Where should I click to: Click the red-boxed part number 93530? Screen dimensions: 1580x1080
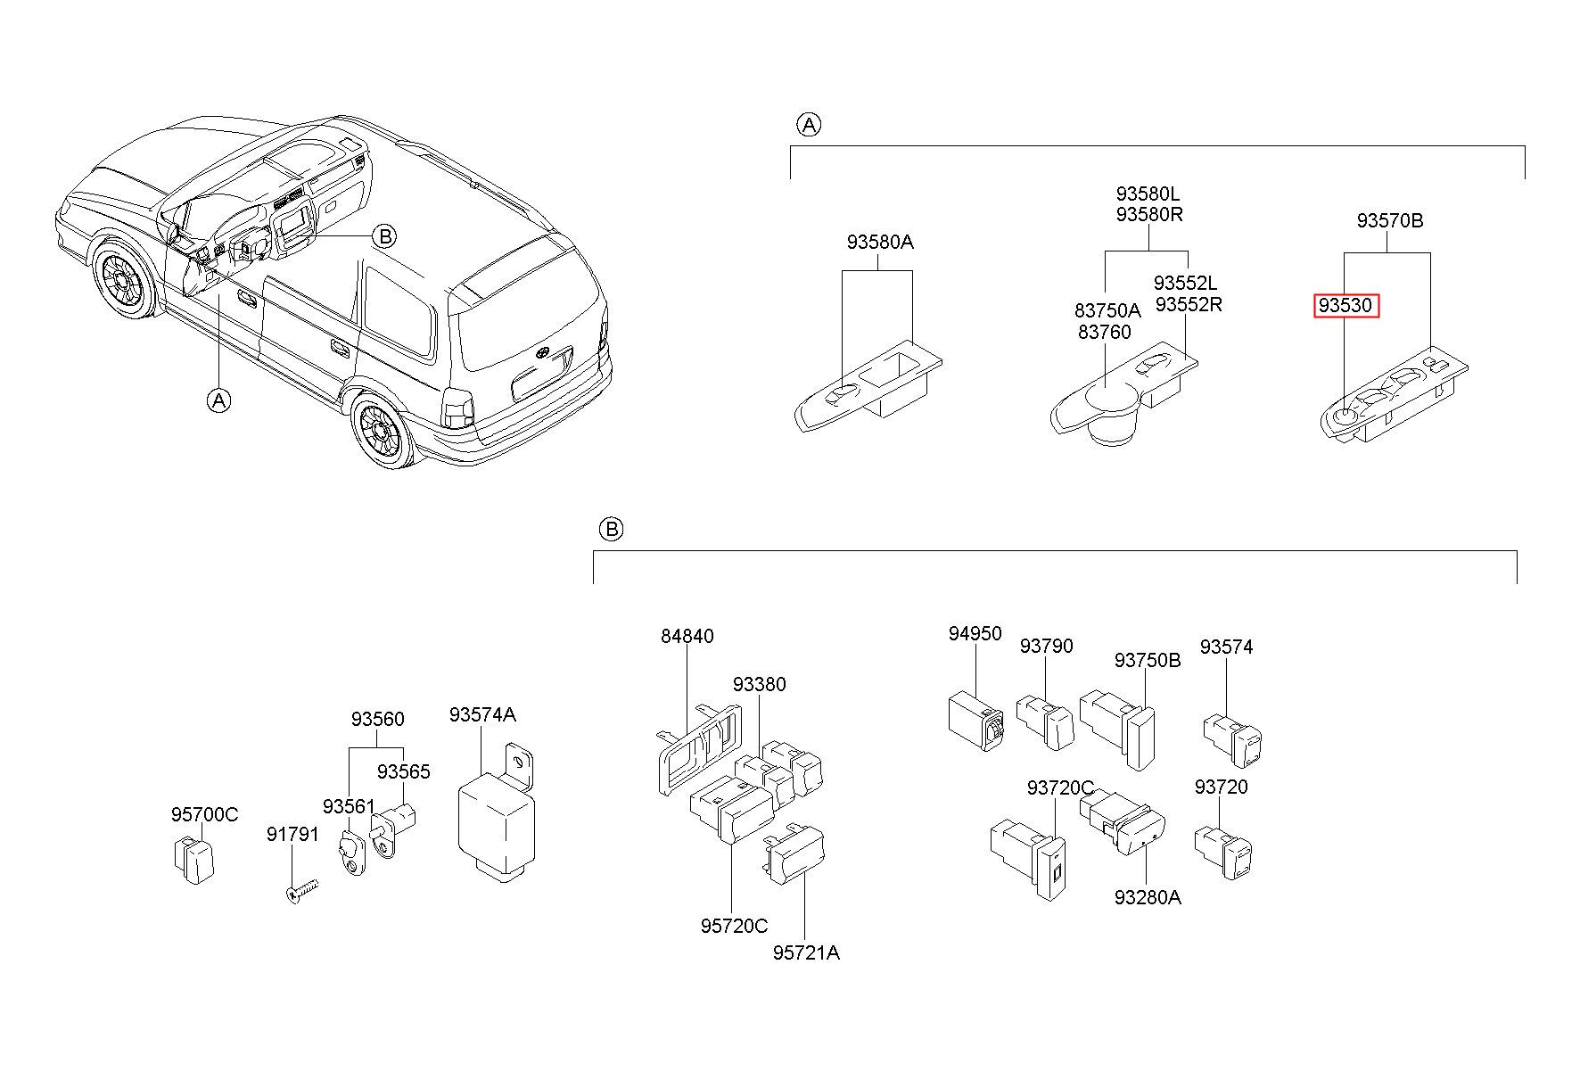1345,306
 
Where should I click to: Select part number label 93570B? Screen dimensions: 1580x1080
1390,220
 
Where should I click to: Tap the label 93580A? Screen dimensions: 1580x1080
880,242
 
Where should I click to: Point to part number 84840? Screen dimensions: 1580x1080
687,636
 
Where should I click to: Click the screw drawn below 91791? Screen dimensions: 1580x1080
303,890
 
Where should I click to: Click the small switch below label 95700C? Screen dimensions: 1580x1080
193,860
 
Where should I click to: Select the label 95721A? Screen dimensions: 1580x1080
806,952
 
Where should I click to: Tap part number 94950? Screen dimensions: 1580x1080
975,633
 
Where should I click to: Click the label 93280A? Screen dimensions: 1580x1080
1148,897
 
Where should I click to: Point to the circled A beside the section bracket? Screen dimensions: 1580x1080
808,125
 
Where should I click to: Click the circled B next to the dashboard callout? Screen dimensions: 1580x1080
384,235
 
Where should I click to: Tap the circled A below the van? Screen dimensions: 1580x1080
218,400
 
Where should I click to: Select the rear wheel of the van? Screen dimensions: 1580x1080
384,432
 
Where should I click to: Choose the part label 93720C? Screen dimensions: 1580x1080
1060,787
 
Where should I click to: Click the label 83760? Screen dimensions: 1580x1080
1104,332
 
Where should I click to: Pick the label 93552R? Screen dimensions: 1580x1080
1189,304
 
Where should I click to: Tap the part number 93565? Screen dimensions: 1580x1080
403,771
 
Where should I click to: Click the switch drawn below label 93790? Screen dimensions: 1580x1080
1045,721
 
